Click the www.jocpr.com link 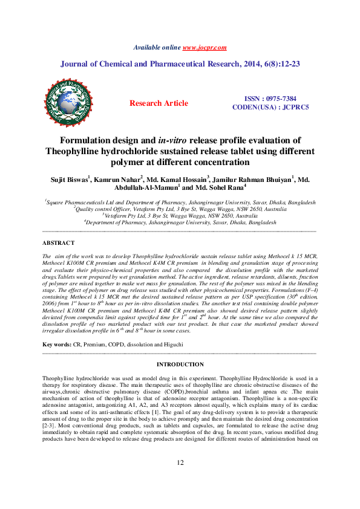pyautogui.click(x=205, y=47)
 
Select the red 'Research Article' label pyautogui.click(x=159, y=103)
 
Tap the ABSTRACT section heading pyautogui.click(x=58, y=242)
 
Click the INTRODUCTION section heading pyautogui.click(x=180, y=365)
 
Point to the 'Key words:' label pyautogui.click(x=56, y=345)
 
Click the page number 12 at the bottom pyautogui.click(x=180, y=479)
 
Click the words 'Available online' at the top pyautogui.click(x=157, y=47)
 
